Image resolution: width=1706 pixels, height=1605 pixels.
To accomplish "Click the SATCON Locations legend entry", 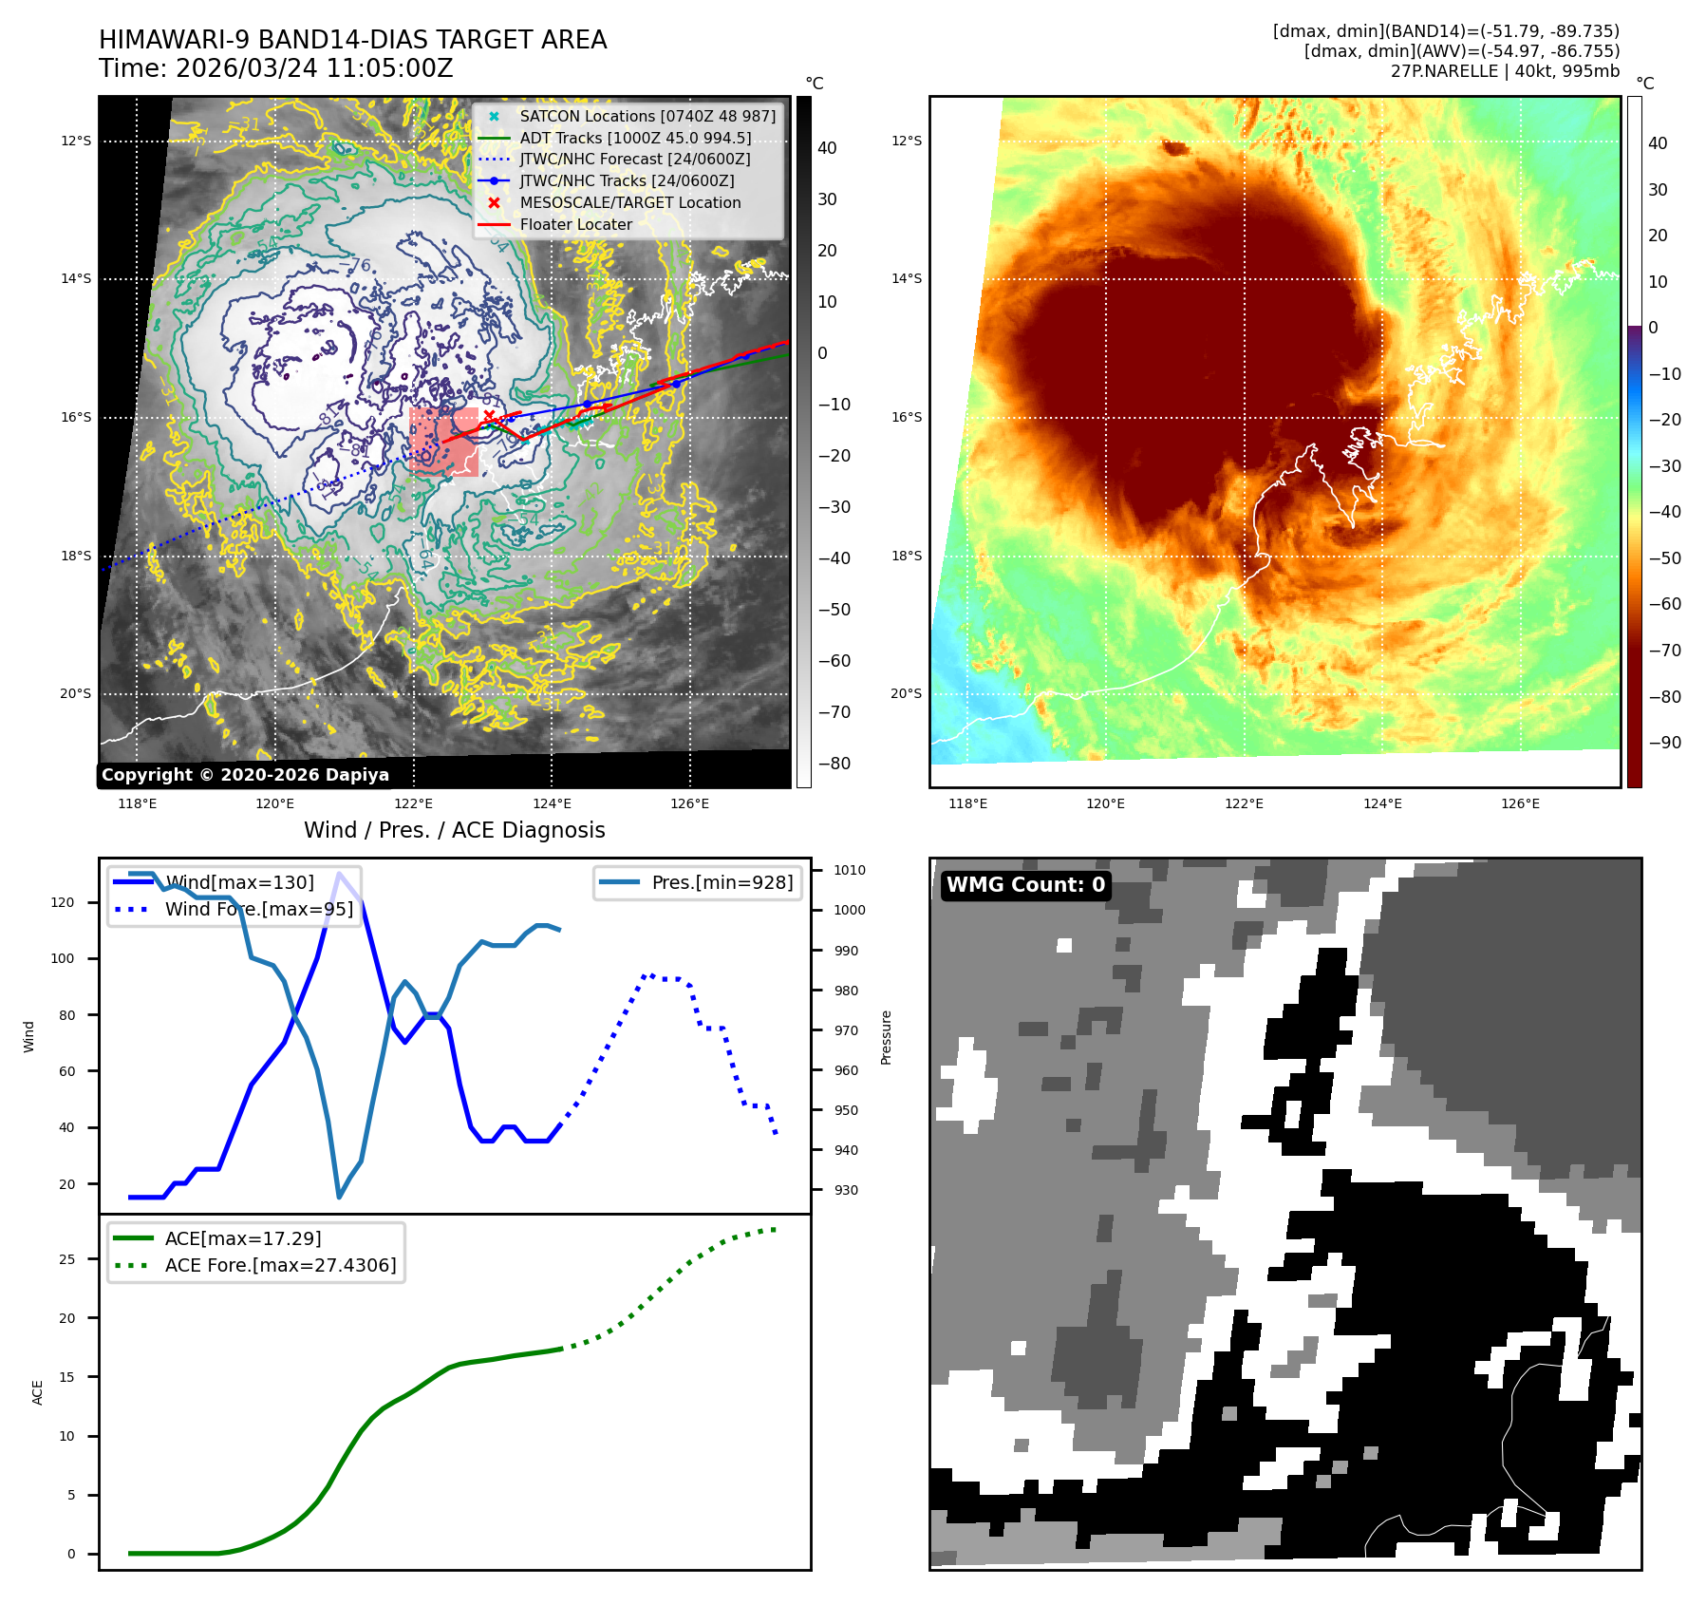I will click(x=647, y=116).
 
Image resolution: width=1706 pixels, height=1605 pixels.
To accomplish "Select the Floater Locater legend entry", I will click(x=575, y=225).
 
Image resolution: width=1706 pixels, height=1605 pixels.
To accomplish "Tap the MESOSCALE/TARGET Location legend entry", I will click(x=629, y=203).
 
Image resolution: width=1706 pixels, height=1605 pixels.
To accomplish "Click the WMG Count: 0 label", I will click(x=1025, y=885).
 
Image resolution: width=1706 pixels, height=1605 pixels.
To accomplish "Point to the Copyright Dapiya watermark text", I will click(x=245, y=775).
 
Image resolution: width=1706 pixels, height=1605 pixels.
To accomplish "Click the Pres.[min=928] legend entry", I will click(x=722, y=882).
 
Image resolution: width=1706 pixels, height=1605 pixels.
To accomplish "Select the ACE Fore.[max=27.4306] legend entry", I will click(x=280, y=1265).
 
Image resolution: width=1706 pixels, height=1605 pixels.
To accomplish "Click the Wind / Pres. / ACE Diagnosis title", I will click(x=454, y=830).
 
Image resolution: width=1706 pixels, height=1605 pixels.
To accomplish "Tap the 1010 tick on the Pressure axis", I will click(x=850, y=870).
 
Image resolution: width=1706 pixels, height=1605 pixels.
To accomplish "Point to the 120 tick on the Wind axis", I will click(x=63, y=902).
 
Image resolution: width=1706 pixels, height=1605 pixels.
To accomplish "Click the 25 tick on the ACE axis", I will click(x=66, y=1259).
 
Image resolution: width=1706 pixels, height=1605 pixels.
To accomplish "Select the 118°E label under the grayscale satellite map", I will click(x=137, y=804).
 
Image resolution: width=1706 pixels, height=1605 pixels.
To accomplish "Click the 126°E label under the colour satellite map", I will click(x=1520, y=804).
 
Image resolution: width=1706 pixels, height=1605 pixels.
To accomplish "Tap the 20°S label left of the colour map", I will click(x=906, y=694).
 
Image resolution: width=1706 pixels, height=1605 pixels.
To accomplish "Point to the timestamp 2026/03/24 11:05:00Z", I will click(x=314, y=69).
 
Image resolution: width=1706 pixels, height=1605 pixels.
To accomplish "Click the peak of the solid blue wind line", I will click(x=339, y=873).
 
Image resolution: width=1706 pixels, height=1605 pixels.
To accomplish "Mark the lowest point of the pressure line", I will click(x=339, y=1197).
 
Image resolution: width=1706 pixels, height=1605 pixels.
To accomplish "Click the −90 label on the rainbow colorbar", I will click(x=1664, y=743).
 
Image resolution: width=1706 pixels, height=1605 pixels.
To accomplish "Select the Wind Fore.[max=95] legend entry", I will click(x=258, y=909).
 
